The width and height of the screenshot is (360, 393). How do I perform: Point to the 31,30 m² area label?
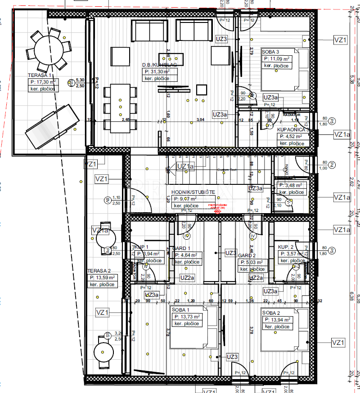[157, 71]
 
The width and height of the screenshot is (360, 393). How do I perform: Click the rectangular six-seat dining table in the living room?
[120, 107]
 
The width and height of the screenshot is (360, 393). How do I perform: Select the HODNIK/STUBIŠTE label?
[193, 192]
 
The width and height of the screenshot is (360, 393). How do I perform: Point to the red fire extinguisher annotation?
[217, 207]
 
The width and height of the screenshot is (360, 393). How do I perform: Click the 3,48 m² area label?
[291, 185]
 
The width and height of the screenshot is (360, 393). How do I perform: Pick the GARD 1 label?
[181, 248]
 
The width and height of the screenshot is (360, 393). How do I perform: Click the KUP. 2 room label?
[286, 248]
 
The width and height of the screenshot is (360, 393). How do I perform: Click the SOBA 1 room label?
[180, 310]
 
